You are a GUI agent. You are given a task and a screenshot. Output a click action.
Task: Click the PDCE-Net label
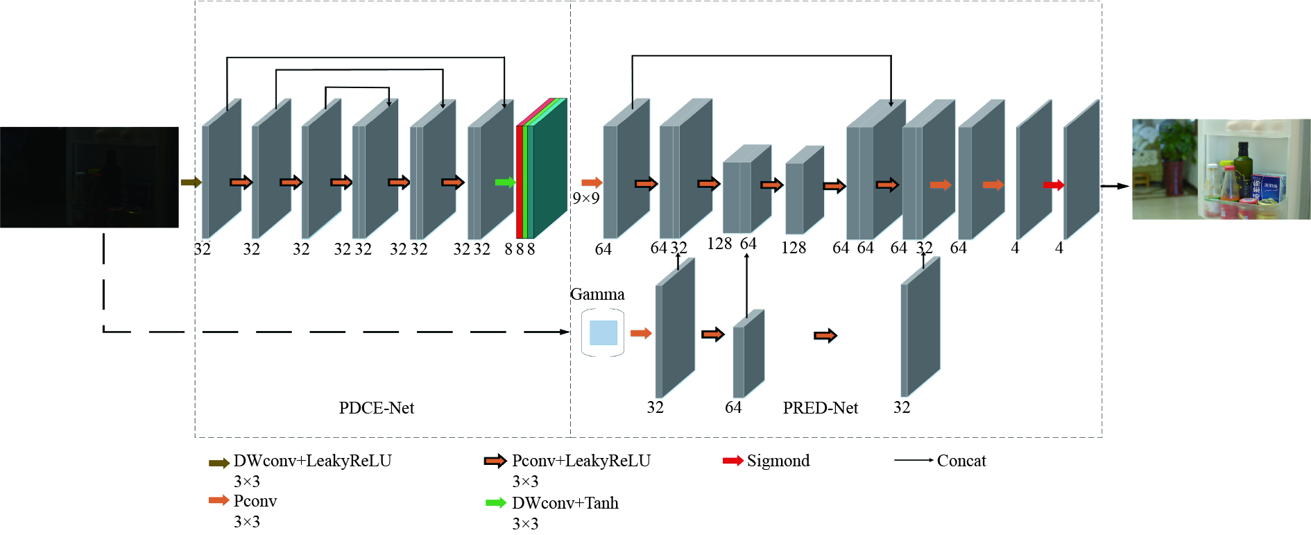(376, 408)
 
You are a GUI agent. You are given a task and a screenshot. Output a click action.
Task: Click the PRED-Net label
(820, 408)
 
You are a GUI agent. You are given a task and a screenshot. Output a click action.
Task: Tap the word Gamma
(597, 294)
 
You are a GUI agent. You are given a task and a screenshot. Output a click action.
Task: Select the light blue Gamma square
(603, 333)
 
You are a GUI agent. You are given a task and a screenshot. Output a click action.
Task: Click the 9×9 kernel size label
(586, 198)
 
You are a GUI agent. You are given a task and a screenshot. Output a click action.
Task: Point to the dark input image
(89, 177)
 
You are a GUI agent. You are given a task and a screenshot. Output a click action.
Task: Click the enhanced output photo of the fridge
(1221, 169)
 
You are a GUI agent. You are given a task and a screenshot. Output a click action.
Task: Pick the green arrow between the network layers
(505, 182)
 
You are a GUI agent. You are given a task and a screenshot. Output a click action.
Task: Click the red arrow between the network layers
(1054, 185)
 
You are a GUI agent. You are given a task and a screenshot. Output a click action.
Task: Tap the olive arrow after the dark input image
(191, 182)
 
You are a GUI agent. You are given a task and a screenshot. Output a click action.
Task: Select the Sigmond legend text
(778, 461)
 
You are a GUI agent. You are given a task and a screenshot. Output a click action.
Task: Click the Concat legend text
(961, 461)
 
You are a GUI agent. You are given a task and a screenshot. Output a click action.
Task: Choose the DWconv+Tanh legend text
(565, 503)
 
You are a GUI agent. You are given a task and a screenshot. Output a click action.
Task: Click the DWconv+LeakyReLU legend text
(312, 461)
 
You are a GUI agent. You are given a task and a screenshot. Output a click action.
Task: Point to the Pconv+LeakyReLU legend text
(581, 461)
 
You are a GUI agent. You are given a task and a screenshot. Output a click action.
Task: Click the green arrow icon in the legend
(496, 503)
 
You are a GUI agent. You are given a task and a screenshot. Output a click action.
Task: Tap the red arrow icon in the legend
(732, 461)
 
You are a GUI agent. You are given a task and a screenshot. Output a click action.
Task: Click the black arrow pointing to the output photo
(1115, 186)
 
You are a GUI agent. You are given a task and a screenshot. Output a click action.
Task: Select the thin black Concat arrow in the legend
(914, 460)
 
